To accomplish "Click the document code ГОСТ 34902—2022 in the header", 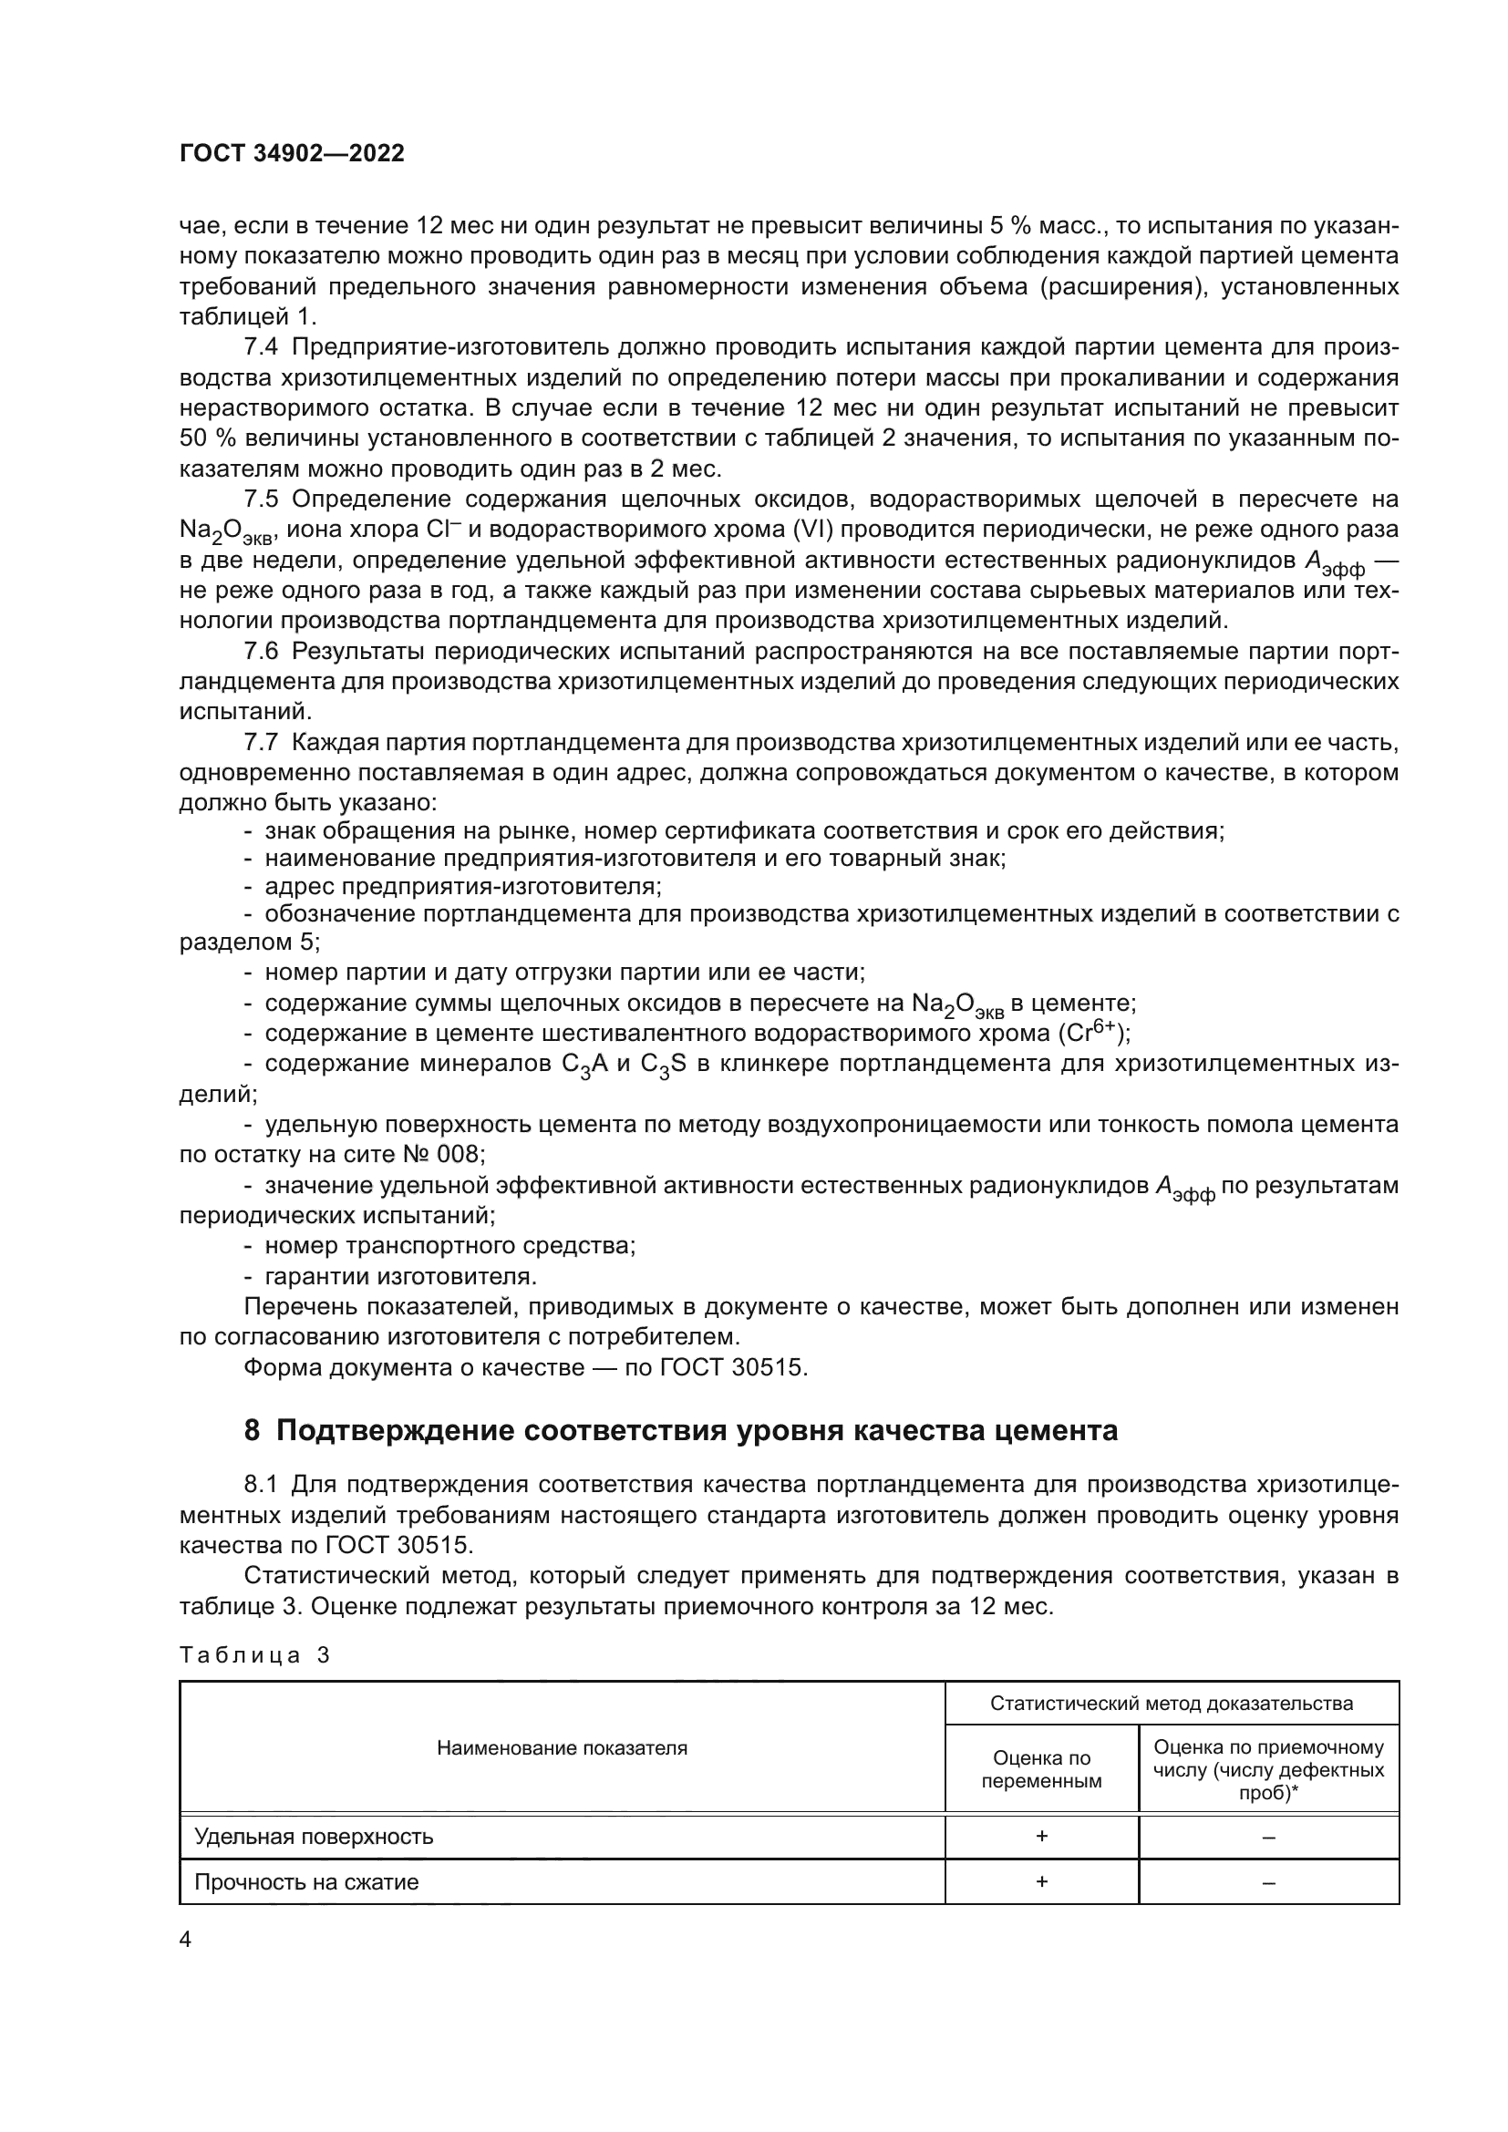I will pyautogui.click(x=292, y=154).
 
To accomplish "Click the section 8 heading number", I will pyautogui.click(x=253, y=1431).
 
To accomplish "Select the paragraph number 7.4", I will pyautogui.click(x=260, y=347).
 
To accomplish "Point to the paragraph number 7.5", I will pyautogui.click(x=260, y=500).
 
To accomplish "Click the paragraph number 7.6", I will pyautogui.click(x=260, y=651).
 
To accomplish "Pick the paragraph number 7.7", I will pyautogui.click(x=260, y=742).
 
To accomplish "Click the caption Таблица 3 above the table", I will pyautogui.click(x=254, y=1654).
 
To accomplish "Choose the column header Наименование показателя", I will pyautogui.click(x=562, y=1747).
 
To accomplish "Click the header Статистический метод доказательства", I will pyautogui.click(x=1171, y=1703).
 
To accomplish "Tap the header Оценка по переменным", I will pyautogui.click(x=1041, y=1769).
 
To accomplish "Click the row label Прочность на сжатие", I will pyautogui.click(x=306, y=1881).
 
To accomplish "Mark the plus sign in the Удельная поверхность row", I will pyautogui.click(x=1041, y=1836).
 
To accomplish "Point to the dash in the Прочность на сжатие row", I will pyautogui.click(x=1268, y=1882).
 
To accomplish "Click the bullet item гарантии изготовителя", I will pyautogui.click(x=400, y=1276).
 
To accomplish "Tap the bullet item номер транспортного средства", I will pyautogui.click(x=449, y=1245).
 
